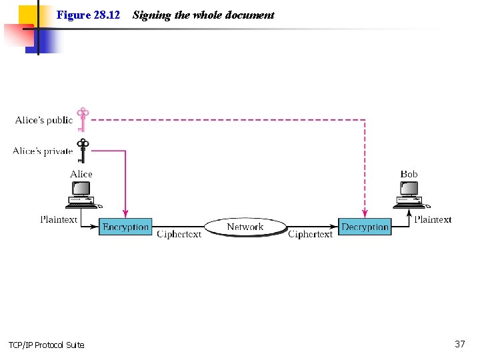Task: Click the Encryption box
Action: tap(125, 227)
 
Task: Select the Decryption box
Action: tap(365, 227)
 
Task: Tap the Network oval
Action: tap(245, 227)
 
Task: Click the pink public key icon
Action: tap(83, 119)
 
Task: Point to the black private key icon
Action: tap(83, 150)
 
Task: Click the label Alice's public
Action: tap(44, 120)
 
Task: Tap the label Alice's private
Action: tap(43, 151)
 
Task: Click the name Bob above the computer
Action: tap(409, 174)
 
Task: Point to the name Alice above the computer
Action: tap(81, 174)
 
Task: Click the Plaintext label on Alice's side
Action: tap(59, 219)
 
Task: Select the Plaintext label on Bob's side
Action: tap(433, 219)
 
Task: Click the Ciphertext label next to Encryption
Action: tap(179, 235)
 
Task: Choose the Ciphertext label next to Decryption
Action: tap(310, 235)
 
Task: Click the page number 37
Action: tap(459, 344)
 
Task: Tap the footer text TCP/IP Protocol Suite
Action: tap(47, 345)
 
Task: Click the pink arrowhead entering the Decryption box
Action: tap(364, 214)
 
